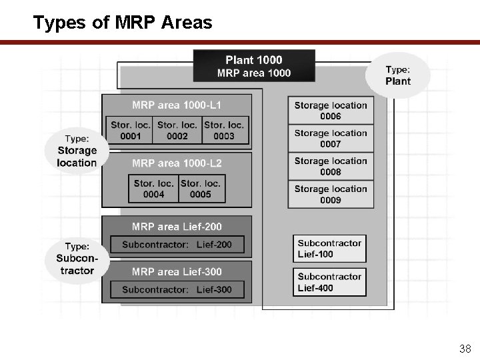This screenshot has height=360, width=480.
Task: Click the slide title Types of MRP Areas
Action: tap(123, 23)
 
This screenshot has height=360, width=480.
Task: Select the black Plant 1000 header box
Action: tap(254, 66)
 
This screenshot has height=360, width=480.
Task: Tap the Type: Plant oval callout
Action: tap(398, 75)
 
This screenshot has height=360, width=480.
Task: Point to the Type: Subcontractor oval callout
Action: tap(75, 259)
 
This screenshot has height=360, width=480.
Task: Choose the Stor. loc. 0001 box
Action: tap(130, 130)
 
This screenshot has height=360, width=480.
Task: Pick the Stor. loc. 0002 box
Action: tap(177, 130)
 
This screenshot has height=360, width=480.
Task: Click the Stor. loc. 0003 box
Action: tap(224, 130)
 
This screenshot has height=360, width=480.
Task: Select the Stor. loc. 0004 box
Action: tap(153, 189)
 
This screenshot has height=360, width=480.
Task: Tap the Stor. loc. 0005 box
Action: tap(201, 189)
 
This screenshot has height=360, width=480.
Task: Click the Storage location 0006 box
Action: tap(331, 111)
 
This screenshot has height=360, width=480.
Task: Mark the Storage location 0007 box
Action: tap(331, 139)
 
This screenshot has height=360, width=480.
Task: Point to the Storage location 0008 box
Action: tap(331, 167)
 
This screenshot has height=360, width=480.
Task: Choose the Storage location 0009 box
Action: tap(331, 195)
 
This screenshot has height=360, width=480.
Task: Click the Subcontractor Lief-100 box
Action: tap(329, 249)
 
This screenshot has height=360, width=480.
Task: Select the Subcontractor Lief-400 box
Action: tap(329, 282)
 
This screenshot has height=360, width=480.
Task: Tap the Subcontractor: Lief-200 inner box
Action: tap(177, 245)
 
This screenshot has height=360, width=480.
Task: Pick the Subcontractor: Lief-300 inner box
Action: tap(177, 289)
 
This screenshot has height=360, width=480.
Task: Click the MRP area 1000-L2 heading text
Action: tap(177, 163)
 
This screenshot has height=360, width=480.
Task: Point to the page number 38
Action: tap(465, 348)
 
